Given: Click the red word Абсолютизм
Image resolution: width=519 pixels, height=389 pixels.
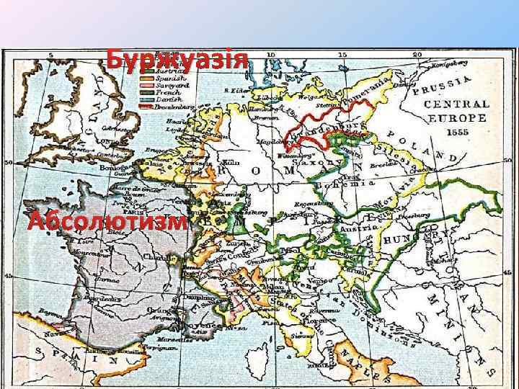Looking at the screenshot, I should (x=107, y=222).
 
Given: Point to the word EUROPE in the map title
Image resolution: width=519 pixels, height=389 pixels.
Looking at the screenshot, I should (x=457, y=118).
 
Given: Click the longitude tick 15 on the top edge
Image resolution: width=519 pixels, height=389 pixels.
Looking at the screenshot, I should (x=343, y=55).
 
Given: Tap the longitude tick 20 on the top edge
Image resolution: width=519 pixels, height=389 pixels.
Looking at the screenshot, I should (x=417, y=55).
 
